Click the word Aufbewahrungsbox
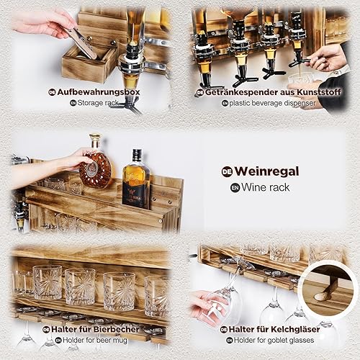point(99,92)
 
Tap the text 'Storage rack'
point(98,103)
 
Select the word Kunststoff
point(319,92)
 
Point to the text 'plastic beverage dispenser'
point(272,104)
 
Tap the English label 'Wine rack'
point(266,187)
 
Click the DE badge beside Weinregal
point(227,172)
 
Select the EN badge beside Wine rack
point(235,188)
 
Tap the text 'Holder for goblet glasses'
point(274,340)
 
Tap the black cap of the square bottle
point(138,153)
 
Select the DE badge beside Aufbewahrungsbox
point(52,92)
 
